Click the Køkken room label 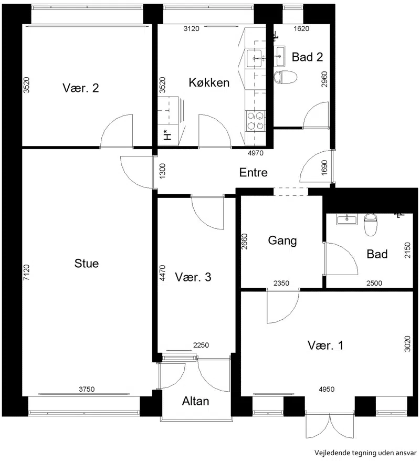pyautogui.click(x=209, y=82)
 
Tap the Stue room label pyautogui.click(x=87, y=263)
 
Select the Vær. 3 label pyautogui.click(x=193, y=277)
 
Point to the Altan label pyautogui.click(x=195, y=401)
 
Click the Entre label pyautogui.click(x=254, y=172)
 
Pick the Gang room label pyautogui.click(x=282, y=241)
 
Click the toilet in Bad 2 pyautogui.click(x=285, y=77)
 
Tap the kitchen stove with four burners pyautogui.click(x=255, y=121)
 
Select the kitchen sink pyautogui.click(x=255, y=58)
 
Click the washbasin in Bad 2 pyautogui.click(x=279, y=56)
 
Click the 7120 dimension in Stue pyautogui.click(x=26, y=273)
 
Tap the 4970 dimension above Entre pyautogui.click(x=256, y=153)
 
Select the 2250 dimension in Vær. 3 pyautogui.click(x=201, y=345)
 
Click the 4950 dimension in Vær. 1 pyautogui.click(x=327, y=389)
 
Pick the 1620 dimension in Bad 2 pyautogui.click(x=301, y=28)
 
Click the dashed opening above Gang pyautogui.click(x=291, y=192)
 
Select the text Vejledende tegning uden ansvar pyautogui.click(x=365, y=453)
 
